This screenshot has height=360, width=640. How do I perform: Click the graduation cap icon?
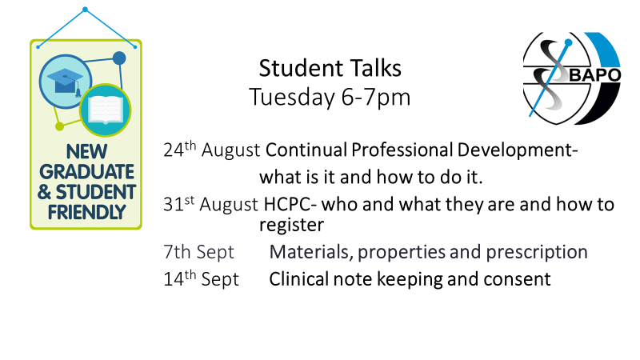pyautogui.click(x=66, y=82)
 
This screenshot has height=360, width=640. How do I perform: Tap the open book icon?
pyautogui.click(x=106, y=110)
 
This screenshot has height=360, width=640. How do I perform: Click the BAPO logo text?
pyautogui.click(x=595, y=75)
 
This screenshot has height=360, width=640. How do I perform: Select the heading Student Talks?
pyautogui.click(x=330, y=68)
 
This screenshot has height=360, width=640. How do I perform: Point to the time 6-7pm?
pyautogui.click(x=376, y=98)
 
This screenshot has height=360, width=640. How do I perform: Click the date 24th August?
pyautogui.click(x=211, y=150)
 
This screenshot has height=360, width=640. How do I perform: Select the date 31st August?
pyautogui.click(x=210, y=204)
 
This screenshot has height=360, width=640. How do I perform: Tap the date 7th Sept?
pyautogui.click(x=198, y=251)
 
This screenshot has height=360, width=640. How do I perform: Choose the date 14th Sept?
pyautogui.click(x=201, y=278)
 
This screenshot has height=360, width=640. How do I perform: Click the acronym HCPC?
pyautogui.click(x=287, y=204)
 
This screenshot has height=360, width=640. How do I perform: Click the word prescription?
pyautogui.click(x=537, y=253)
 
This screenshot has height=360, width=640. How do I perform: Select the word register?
pyautogui.click(x=291, y=226)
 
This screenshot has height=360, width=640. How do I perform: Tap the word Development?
pyautogui.click(x=517, y=150)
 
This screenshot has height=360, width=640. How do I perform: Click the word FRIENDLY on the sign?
pyautogui.click(x=86, y=212)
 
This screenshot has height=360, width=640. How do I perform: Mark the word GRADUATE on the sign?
pyautogui.click(x=87, y=172)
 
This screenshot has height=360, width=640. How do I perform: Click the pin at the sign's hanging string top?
pyautogui.click(x=85, y=10)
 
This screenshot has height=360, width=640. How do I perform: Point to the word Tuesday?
pyautogui.click(x=292, y=98)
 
